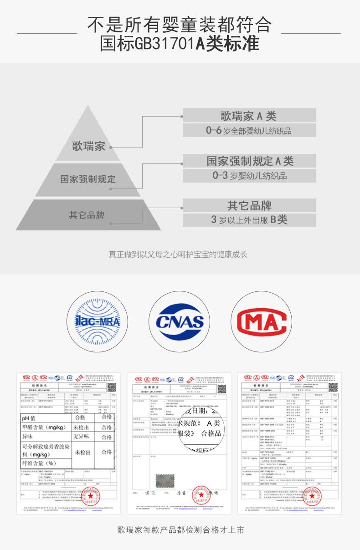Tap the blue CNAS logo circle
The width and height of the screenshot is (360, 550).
coord(180,322)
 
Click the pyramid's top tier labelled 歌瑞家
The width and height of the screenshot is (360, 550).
coord(89,146)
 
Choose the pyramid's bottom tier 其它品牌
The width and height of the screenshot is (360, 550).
coord(87,215)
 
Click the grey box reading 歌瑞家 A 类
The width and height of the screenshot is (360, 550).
coord(249,116)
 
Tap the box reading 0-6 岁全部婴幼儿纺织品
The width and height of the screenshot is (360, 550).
coord(249,131)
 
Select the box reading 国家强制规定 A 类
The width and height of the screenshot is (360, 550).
coord(249,161)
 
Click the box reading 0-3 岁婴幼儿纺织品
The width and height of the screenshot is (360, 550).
coord(249,176)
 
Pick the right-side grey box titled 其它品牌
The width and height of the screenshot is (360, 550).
coord(249,205)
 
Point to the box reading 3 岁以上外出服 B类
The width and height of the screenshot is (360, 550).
coord(249,220)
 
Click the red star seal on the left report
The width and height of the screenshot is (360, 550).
coord(91,495)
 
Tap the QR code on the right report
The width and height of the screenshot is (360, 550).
coord(333,387)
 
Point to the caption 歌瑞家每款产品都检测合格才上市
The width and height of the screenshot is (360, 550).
coord(180,530)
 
